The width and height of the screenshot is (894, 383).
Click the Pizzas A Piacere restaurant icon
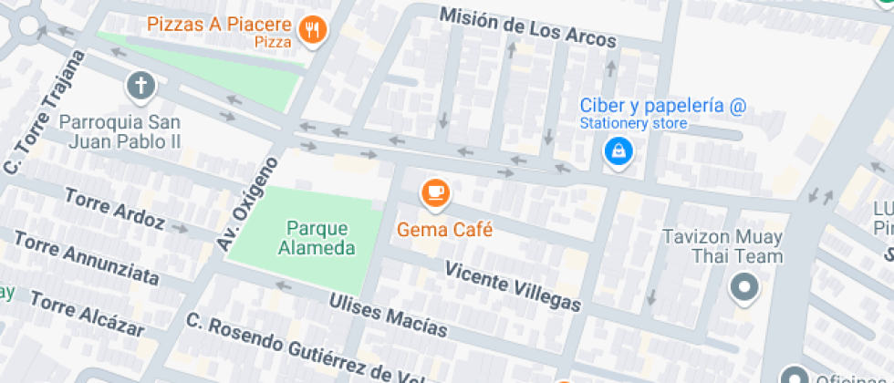point(314,30)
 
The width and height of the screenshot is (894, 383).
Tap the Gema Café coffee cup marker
point(435,192)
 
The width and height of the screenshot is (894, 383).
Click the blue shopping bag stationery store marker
point(619,150)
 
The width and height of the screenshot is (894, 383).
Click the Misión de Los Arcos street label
point(527,28)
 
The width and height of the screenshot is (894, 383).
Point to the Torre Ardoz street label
point(114,209)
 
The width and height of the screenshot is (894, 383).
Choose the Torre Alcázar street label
point(88,314)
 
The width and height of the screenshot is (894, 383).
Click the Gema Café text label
point(444,230)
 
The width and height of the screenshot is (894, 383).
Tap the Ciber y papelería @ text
point(663,106)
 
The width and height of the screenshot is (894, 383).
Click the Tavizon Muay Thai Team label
point(722,246)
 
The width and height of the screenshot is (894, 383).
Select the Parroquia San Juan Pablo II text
point(120,131)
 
